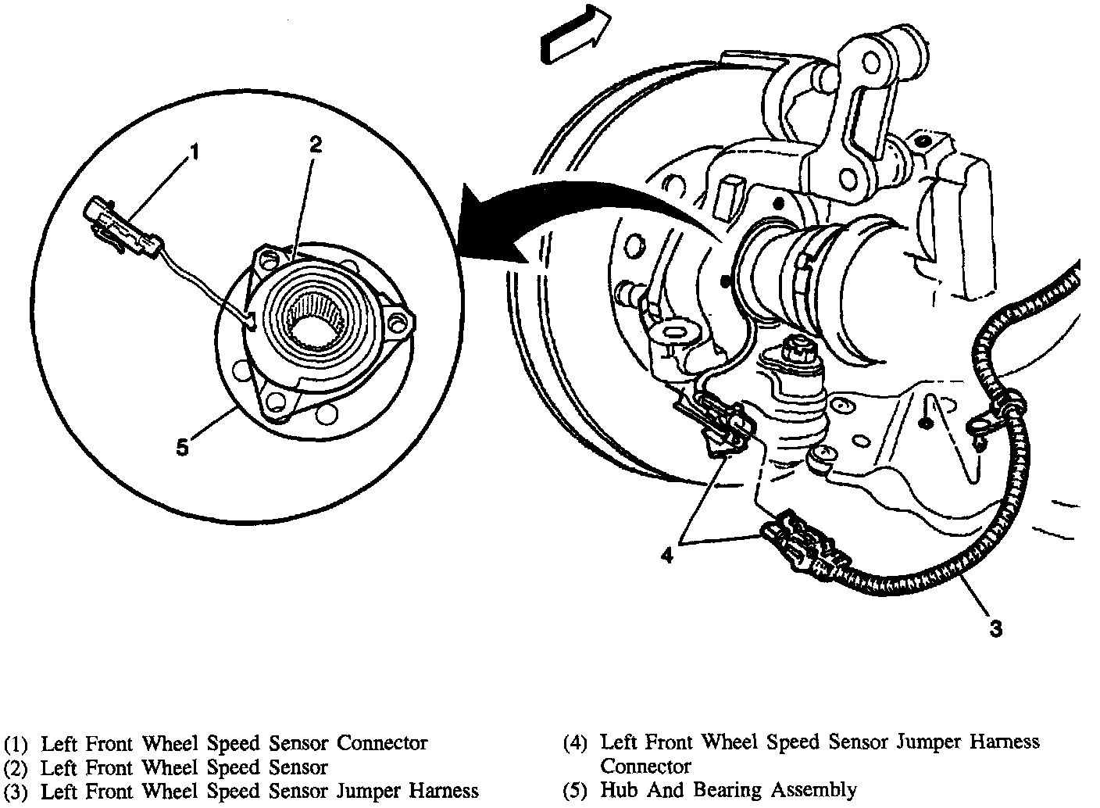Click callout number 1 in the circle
click(x=195, y=151)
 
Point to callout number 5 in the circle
click(x=182, y=447)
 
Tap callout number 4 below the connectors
click(x=666, y=556)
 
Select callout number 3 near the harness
click(x=995, y=627)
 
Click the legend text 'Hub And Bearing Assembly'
click(x=728, y=790)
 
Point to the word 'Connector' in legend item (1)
click(x=382, y=742)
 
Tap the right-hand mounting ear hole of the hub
click(x=401, y=323)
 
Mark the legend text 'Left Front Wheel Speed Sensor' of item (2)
click(x=184, y=767)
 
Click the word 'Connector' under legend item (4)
click(x=645, y=766)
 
